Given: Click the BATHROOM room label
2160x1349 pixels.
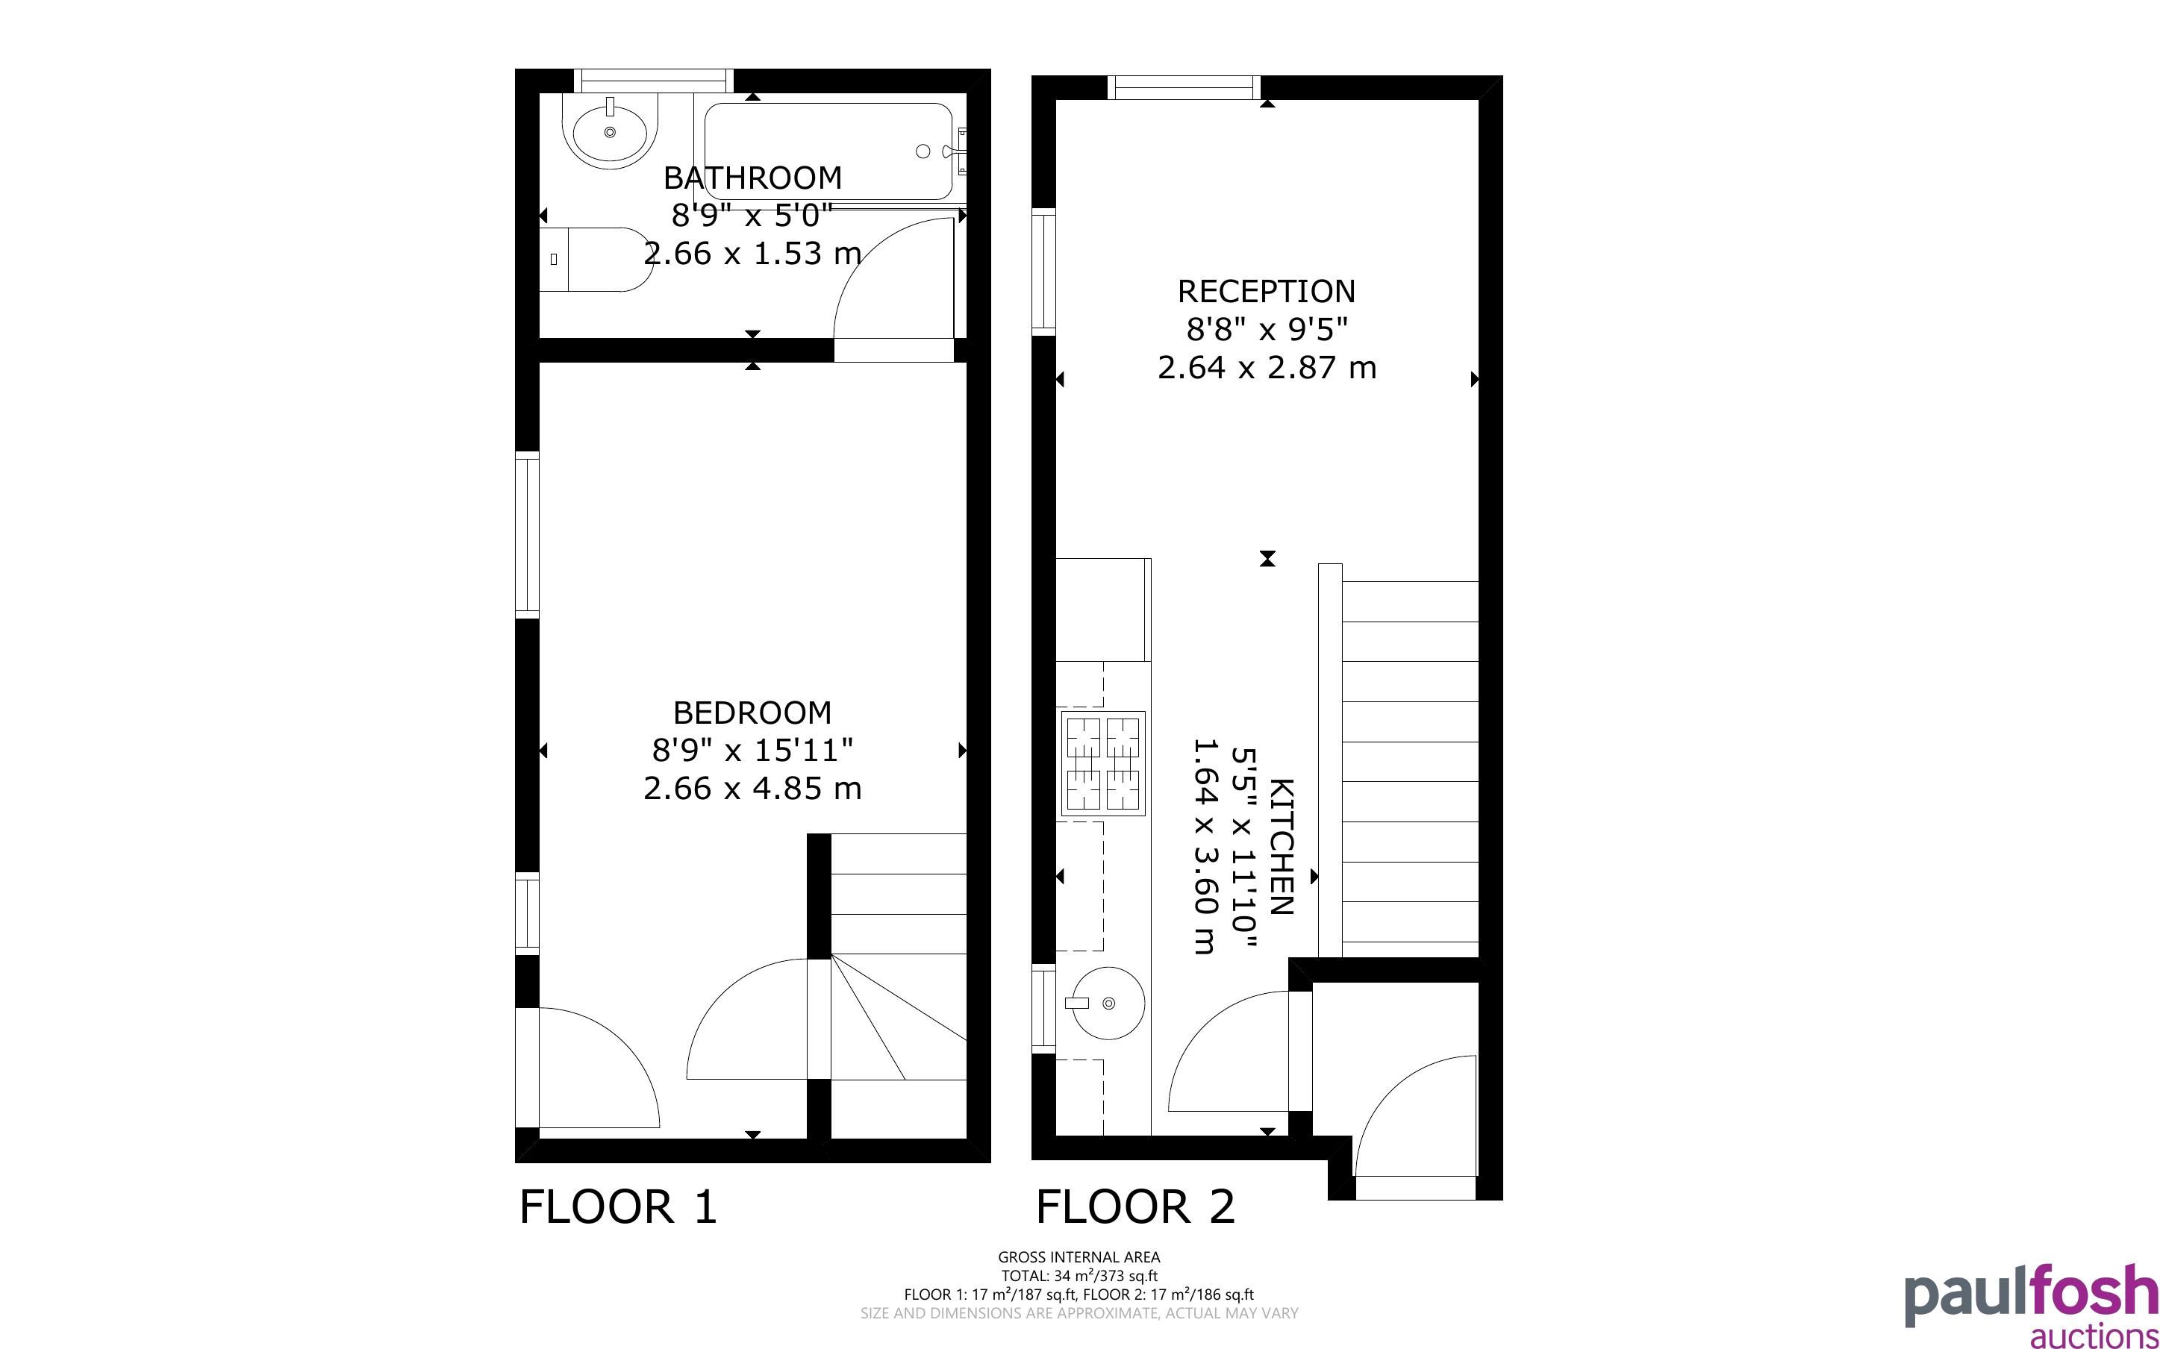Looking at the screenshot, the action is pos(752,178).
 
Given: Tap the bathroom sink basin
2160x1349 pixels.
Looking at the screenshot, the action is pos(611,133).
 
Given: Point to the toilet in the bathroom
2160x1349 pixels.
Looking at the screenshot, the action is pos(596,259).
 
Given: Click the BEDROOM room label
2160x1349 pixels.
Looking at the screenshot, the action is pos(752,712).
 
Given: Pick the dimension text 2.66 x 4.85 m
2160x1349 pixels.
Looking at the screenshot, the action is pos(752,789).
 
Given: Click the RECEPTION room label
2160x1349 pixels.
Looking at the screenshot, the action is pos(1266,291).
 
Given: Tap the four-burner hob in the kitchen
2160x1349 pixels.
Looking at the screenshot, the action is pos(1102,764).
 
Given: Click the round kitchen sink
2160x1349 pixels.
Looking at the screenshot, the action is pos(1105,1003).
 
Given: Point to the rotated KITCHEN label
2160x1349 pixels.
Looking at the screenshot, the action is pos(1280,847).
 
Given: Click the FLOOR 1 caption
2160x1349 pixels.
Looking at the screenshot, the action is pos(618,1207).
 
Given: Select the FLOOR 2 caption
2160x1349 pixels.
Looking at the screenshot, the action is pos(1136,1207).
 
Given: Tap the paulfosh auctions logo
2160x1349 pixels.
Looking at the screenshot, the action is pos(2031,1304).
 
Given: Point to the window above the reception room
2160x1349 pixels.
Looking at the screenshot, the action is pos(1184,87).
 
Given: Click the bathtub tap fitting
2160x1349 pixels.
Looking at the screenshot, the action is pos(960,151).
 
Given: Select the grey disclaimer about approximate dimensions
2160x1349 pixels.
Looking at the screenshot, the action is pos(1079,1313).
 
